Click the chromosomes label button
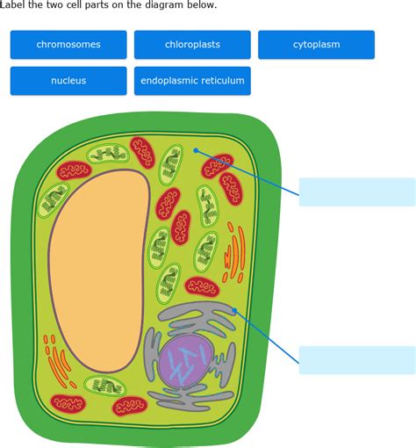[x=68, y=45]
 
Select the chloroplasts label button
[x=192, y=45]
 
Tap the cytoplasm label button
[x=316, y=45]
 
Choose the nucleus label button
[x=68, y=81]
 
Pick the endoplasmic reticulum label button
[x=192, y=81]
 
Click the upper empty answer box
[x=357, y=192]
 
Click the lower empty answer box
[x=357, y=360]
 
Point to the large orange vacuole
[x=99, y=271]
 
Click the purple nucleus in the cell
[x=187, y=361]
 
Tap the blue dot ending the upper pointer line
[x=196, y=150]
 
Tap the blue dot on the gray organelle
[x=234, y=310]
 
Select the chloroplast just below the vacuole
[x=105, y=387]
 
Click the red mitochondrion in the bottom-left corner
[x=68, y=403]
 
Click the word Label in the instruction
[x=13, y=4]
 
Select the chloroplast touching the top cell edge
[x=108, y=154]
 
